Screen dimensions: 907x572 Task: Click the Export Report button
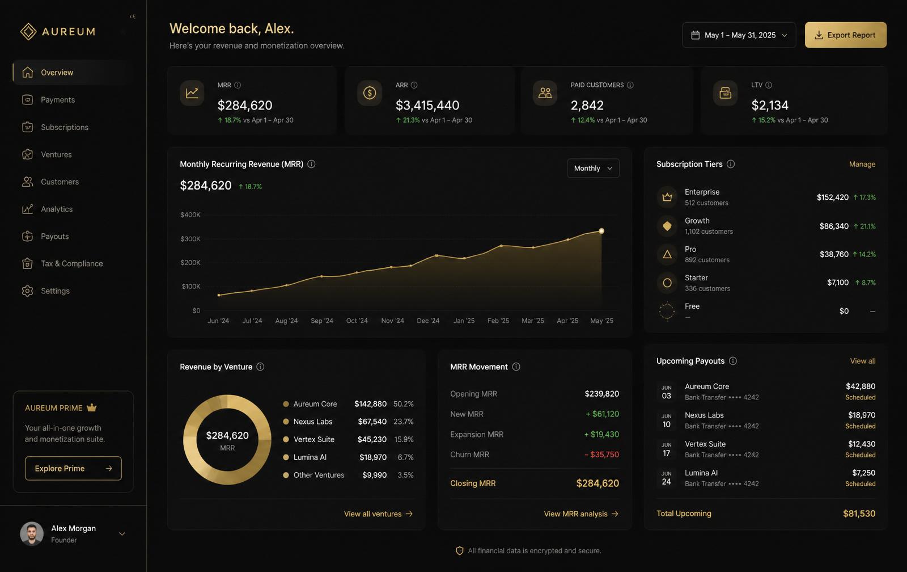coord(845,35)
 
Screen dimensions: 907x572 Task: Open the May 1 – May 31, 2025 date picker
coord(739,35)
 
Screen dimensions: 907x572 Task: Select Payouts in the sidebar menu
coord(54,236)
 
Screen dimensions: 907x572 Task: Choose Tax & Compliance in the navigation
coord(71,263)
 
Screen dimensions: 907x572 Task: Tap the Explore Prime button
coord(73,468)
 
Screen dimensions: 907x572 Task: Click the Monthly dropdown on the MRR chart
coord(593,168)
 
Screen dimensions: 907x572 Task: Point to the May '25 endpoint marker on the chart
coord(601,230)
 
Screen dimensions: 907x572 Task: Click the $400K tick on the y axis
coord(190,214)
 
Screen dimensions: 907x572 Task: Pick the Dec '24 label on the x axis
coord(428,321)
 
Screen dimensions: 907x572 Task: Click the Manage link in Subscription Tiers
coord(862,164)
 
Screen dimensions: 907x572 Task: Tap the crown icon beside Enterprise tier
coord(667,197)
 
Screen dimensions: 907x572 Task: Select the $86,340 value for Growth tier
coord(834,226)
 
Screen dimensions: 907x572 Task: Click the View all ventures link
coord(378,514)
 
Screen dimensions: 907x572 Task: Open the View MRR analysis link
coord(581,514)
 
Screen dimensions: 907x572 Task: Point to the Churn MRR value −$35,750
coord(601,455)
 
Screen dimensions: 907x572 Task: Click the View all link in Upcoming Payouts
coord(862,361)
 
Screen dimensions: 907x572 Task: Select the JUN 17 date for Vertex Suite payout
coord(667,449)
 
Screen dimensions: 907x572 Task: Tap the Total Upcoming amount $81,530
coord(859,514)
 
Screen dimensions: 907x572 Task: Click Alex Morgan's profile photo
coord(32,533)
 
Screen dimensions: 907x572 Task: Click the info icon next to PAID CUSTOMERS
coord(630,85)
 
